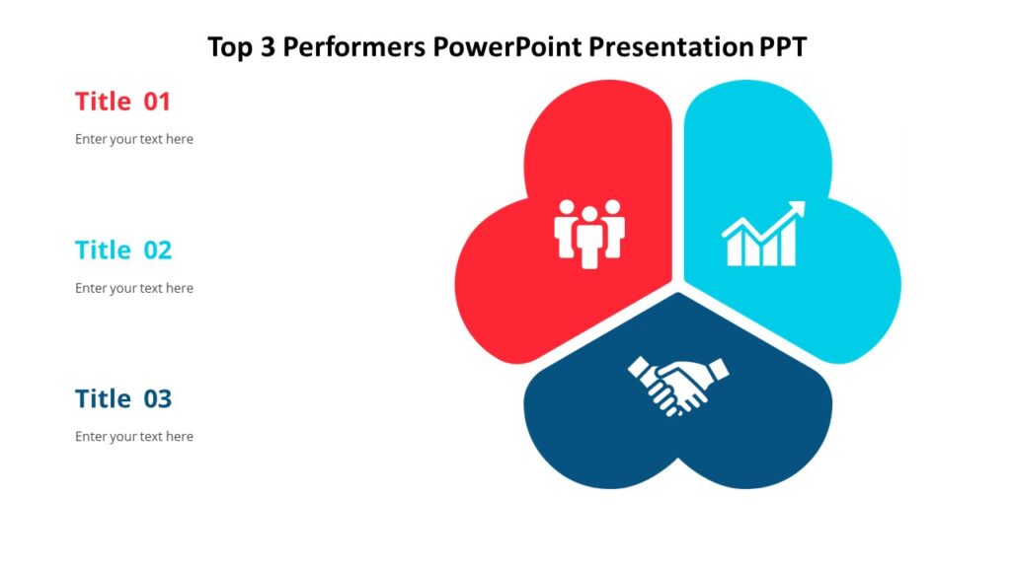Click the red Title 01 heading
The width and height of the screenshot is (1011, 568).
(122, 102)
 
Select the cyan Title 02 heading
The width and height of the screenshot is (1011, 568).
(122, 250)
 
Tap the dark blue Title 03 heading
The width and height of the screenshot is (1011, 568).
(122, 399)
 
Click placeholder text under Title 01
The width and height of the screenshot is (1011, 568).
(134, 139)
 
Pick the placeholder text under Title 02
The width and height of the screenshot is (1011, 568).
(134, 288)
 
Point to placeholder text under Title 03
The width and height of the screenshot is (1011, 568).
(134, 436)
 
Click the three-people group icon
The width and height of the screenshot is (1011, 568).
(589, 234)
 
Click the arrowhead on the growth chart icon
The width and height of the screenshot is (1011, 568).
(797, 209)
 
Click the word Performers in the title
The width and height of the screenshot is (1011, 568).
(354, 46)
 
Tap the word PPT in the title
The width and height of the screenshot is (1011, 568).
(783, 46)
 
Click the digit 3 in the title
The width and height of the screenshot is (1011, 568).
(267, 46)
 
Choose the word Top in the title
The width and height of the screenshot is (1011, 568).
(230, 47)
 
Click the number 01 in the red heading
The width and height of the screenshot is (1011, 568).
(157, 102)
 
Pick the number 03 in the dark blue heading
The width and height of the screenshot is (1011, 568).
(158, 399)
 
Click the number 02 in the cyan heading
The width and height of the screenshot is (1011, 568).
(158, 250)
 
